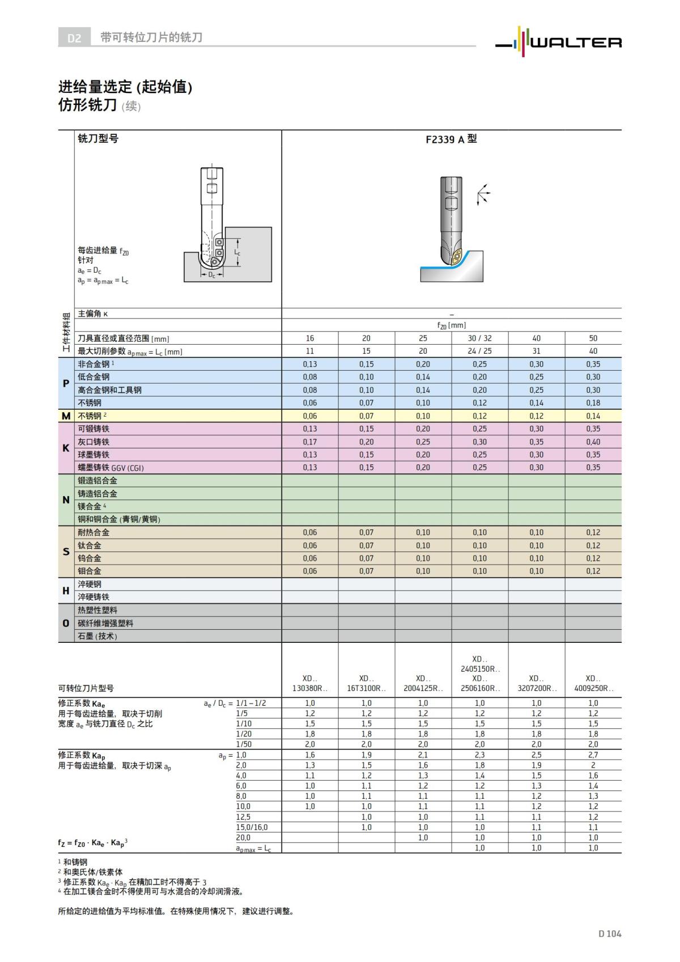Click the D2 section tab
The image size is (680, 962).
[75, 38]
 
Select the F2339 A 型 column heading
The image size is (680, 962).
[451, 139]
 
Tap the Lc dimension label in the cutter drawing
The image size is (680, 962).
[237, 252]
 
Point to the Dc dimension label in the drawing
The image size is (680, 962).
[211, 275]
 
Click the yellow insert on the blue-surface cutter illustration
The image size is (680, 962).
[457, 258]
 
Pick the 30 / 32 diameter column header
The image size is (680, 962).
[479, 338]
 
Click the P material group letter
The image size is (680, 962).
[66, 384]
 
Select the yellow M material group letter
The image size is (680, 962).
[66, 416]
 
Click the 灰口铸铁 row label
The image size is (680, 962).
[94, 442]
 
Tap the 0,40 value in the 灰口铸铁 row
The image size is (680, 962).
[593, 442]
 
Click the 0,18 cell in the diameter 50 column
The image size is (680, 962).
[593, 403]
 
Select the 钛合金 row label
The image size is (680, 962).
[90, 546]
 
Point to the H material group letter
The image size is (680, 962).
[66, 591]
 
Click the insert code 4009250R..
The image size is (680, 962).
[593, 689]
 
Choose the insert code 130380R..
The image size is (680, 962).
[310, 689]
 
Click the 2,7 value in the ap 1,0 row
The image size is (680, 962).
[593, 755]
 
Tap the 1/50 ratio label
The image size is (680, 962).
[244, 744]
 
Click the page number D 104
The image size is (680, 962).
[610, 934]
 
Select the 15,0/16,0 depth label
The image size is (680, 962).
[252, 828]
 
